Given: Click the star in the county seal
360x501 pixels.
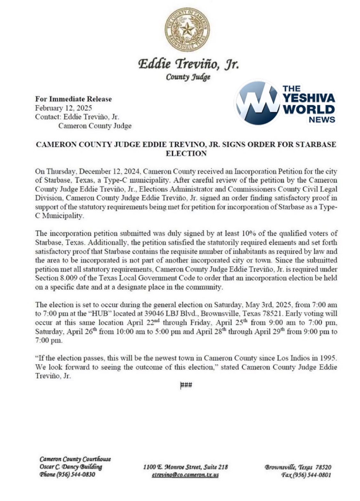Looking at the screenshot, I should click(x=187, y=30).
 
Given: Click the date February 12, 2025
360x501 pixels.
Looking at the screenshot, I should click(x=63, y=108).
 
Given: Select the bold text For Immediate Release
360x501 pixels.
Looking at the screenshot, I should click(x=73, y=99).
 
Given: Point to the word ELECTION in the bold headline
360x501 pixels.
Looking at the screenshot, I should click(x=186, y=153).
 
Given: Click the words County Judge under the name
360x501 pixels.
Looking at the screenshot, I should click(x=188, y=77).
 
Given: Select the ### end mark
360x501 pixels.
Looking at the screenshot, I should click(x=186, y=385).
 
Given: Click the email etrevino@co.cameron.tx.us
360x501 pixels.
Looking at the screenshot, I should click(x=185, y=475).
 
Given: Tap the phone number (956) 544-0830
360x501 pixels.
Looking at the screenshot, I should click(x=76, y=474).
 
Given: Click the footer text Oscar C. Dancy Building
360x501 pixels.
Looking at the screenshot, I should click(x=71, y=467).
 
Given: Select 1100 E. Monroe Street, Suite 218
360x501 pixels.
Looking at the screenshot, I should click(x=185, y=467).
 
